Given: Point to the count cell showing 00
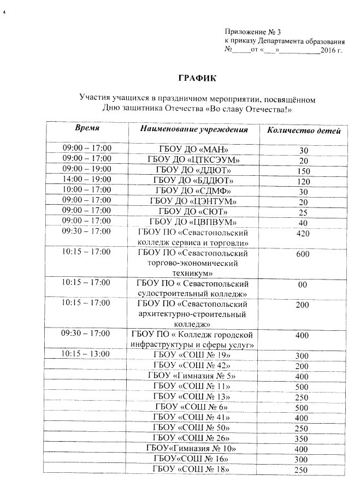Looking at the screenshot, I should coord(302,285).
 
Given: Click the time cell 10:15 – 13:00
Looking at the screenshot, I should coord(87,354).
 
